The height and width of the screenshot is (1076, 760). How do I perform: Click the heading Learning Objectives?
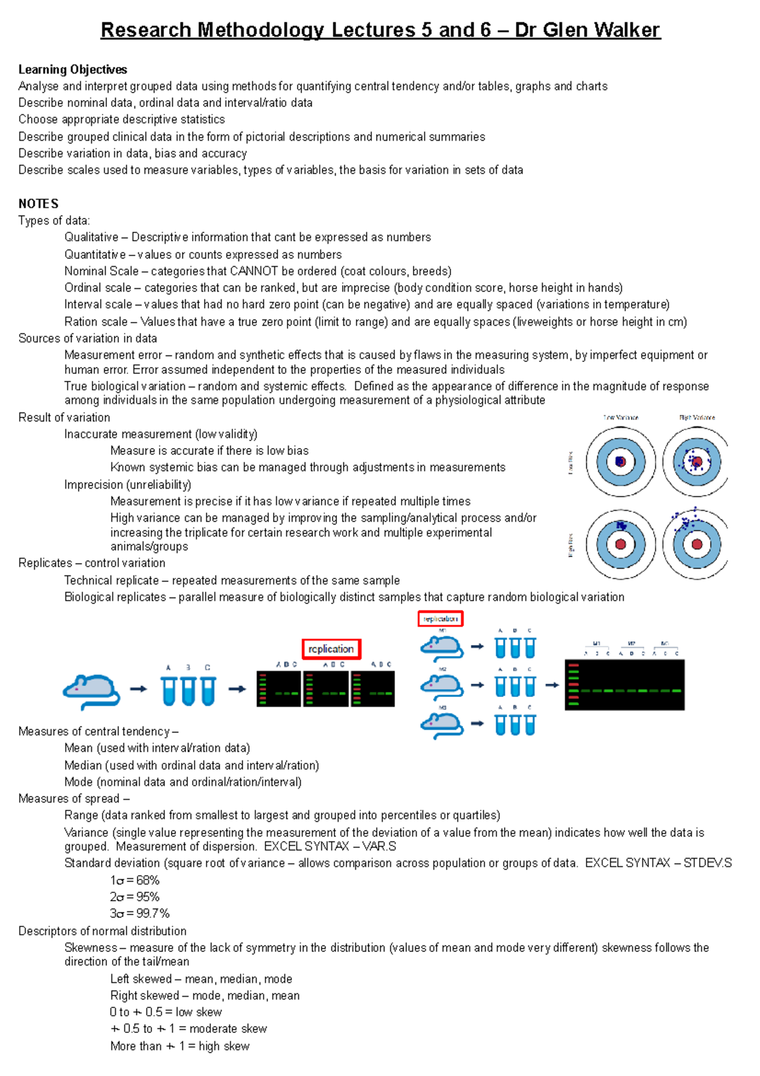(73, 70)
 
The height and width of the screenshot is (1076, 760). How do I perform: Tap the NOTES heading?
(39, 203)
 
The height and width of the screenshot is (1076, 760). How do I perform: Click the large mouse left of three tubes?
(91, 691)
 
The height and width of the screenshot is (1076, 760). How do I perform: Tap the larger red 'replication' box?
(331, 649)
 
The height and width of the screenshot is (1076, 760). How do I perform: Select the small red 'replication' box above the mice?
(440, 618)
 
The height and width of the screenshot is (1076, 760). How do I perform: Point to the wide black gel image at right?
(624, 684)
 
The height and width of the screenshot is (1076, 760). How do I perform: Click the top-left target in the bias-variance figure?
(621, 461)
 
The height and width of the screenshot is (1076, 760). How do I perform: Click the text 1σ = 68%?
(134, 880)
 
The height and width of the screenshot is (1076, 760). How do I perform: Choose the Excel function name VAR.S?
(379, 847)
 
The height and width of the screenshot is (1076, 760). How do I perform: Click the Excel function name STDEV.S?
(707, 863)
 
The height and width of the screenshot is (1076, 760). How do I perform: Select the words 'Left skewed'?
(141, 979)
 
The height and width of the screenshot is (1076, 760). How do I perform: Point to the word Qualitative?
(91, 237)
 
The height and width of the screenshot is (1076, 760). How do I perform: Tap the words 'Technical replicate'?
(111, 580)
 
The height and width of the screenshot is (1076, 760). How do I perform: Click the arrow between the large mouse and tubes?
(139, 689)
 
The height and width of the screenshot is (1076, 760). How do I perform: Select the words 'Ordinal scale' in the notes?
(98, 288)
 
